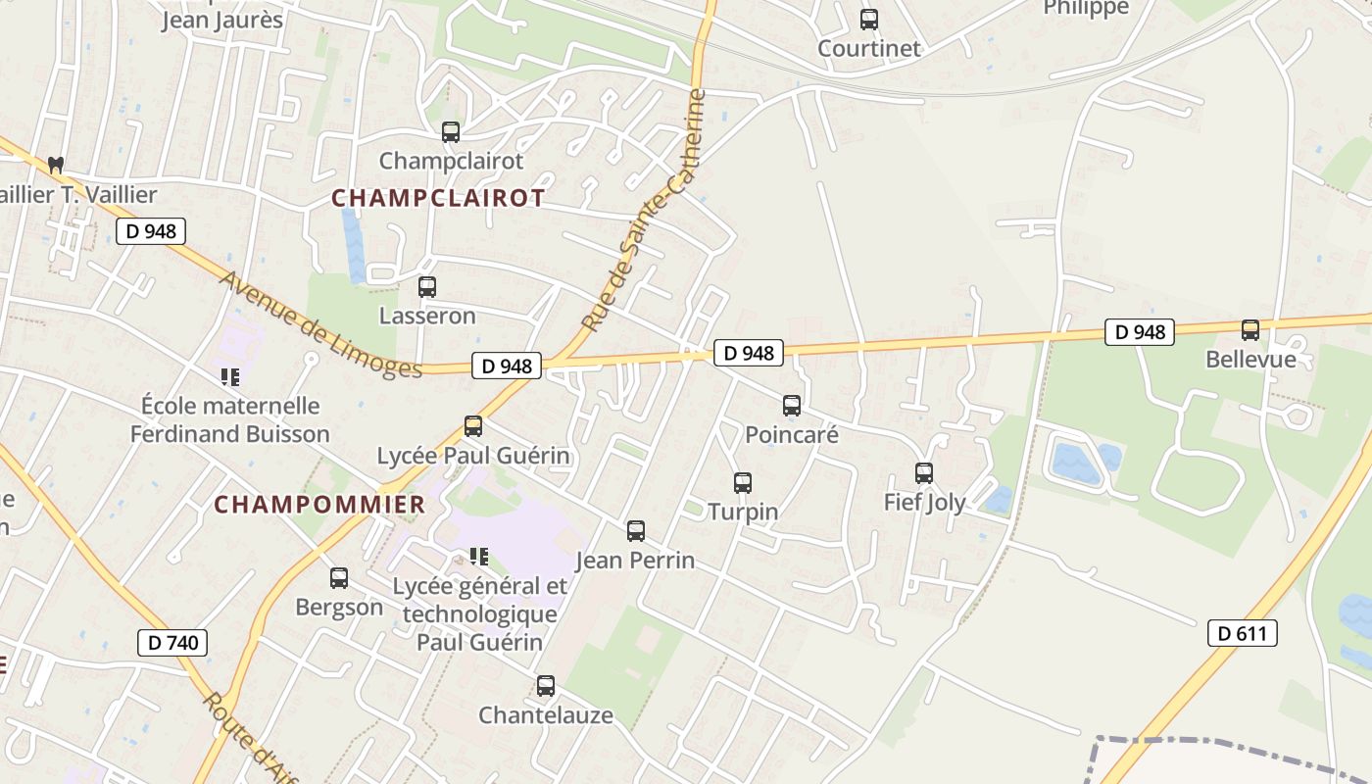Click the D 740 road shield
point(172,643)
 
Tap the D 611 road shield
point(1242,633)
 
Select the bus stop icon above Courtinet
point(869,20)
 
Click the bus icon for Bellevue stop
point(1250,330)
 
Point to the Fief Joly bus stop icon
point(924,473)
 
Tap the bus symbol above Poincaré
point(792,405)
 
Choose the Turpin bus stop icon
point(743,483)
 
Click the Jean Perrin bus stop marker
point(636,531)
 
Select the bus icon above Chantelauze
point(546,686)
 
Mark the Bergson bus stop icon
point(339,578)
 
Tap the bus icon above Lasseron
point(427,287)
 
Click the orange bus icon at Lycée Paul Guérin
point(473,426)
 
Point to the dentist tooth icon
point(56,165)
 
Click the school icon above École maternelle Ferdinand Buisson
point(230,376)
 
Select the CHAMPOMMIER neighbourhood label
point(319,505)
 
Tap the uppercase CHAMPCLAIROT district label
point(438,198)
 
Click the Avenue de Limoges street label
point(320,324)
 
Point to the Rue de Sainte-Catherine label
point(644,211)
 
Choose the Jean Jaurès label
point(222,20)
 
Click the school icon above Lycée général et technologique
point(479,557)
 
